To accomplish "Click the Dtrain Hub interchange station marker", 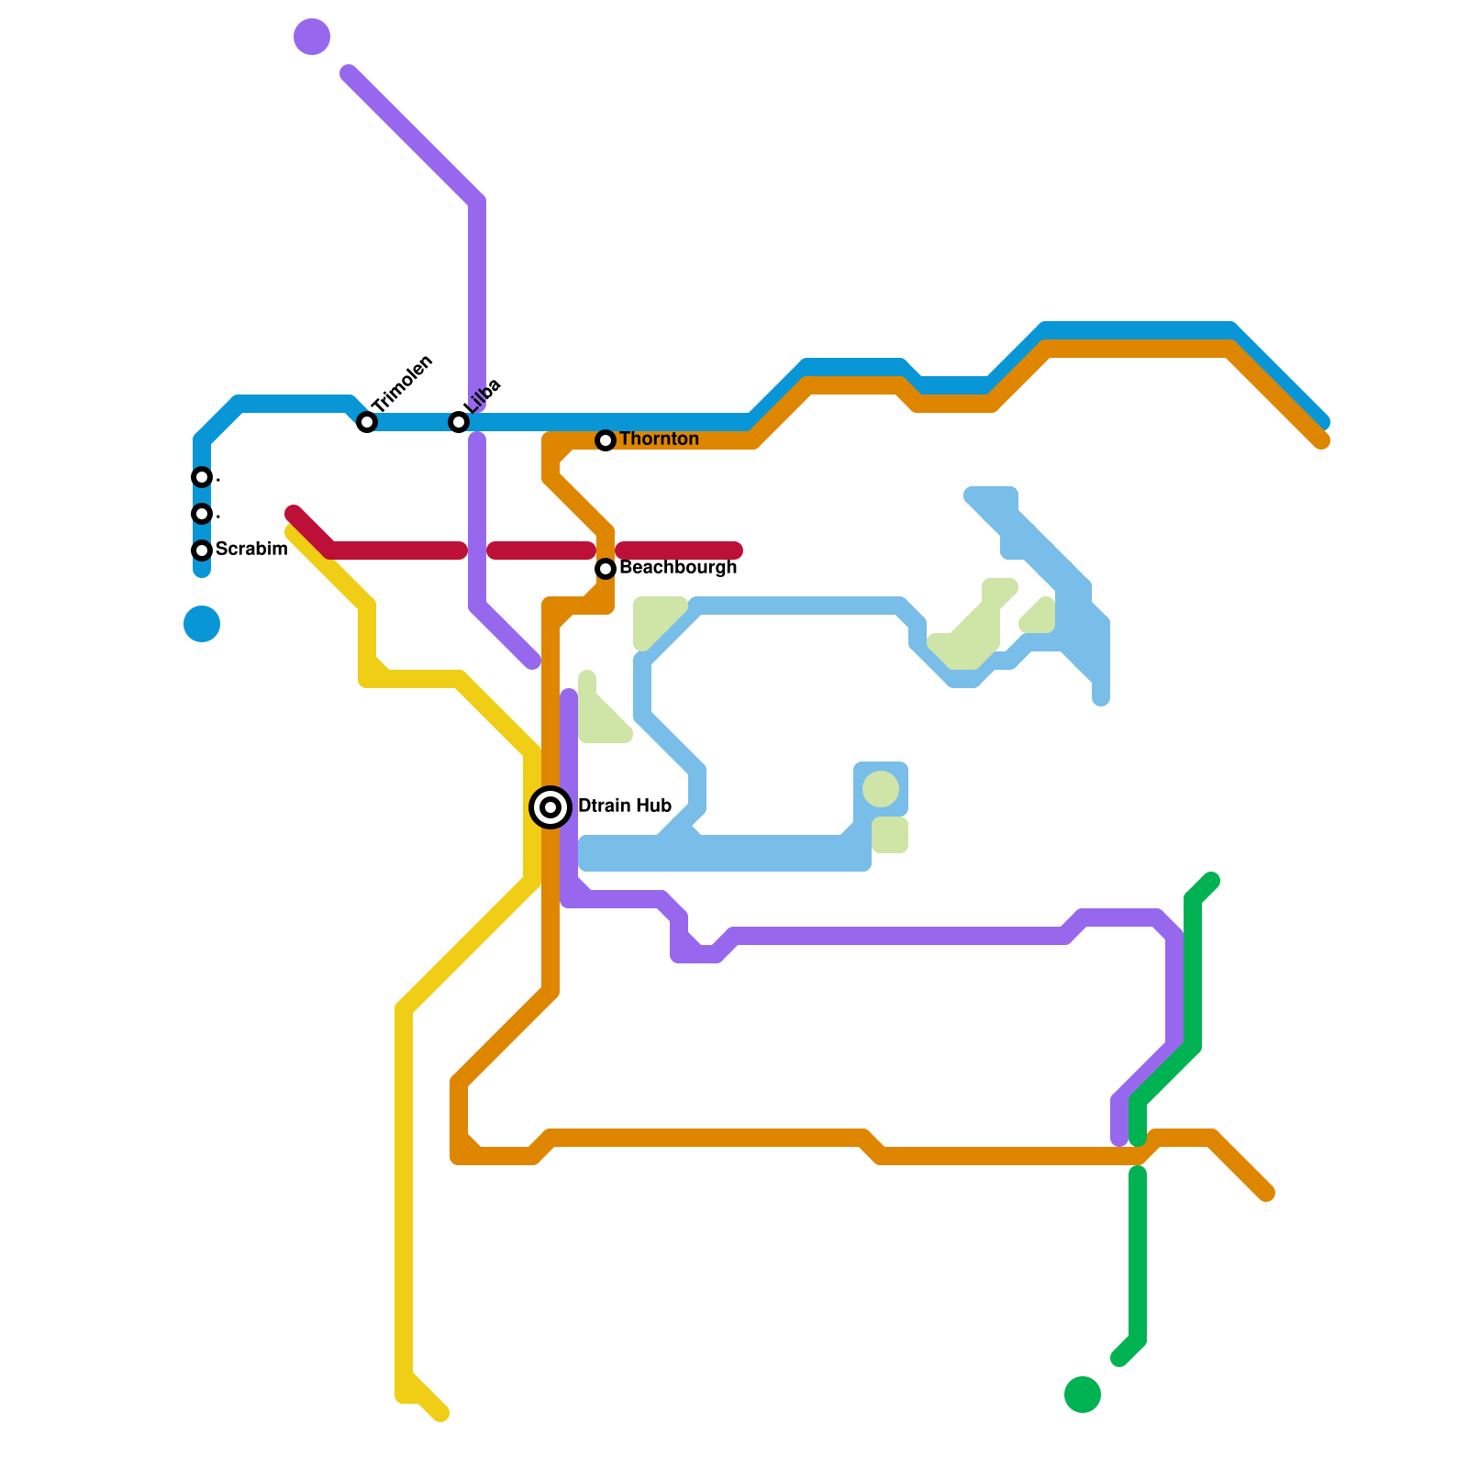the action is [x=550, y=807].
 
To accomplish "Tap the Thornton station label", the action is [x=659, y=439].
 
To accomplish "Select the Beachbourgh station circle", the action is [x=606, y=569].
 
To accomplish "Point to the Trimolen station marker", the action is [x=367, y=422].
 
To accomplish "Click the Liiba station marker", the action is [x=459, y=422].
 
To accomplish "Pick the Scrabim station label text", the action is [x=251, y=550].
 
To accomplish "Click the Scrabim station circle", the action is [x=202, y=550].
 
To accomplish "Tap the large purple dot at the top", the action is [x=312, y=37].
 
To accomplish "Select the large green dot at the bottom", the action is [x=1083, y=1395].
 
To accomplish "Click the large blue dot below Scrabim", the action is [x=202, y=624].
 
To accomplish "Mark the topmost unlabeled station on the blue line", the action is [x=202, y=477].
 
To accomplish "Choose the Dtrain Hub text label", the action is [x=625, y=806].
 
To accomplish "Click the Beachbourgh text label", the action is [x=678, y=568].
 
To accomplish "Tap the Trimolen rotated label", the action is [x=402, y=383].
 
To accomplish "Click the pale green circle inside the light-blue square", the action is [x=881, y=789].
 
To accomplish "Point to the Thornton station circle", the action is [x=606, y=440].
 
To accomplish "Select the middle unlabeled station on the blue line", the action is [x=202, y=514].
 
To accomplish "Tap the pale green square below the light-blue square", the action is [x=889, y=835].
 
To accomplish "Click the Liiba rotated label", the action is [x=482, y=396].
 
